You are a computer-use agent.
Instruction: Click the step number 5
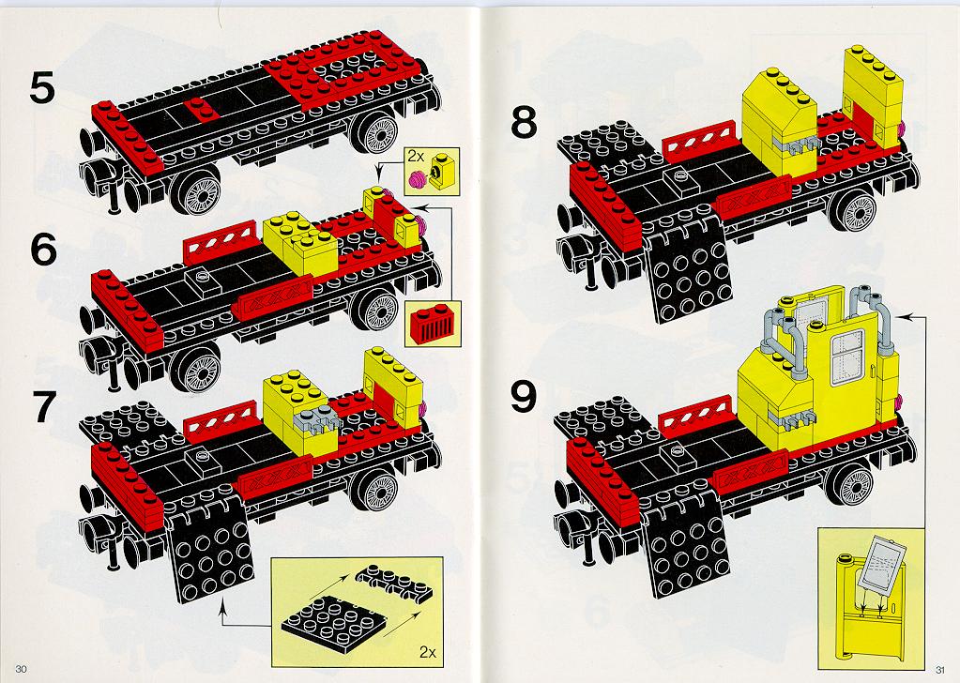tap(42, 88)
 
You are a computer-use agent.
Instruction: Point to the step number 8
tap(524, 122)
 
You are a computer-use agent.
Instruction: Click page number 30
tap(22, 669)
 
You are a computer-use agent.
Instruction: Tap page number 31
tap(939, 669)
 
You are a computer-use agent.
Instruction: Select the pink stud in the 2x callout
tap(417, 178)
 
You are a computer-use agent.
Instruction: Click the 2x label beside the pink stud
tap(416, 157)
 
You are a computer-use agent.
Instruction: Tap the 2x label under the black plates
tap(428, 652)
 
